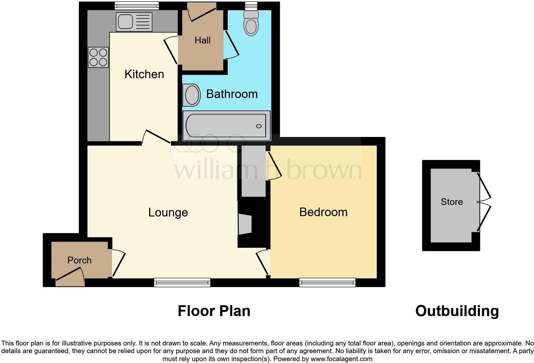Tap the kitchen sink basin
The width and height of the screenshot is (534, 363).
tap(125, 21)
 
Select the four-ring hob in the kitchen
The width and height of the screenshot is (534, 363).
tap(98, 57)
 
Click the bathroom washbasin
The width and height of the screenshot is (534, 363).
tap(192, 95)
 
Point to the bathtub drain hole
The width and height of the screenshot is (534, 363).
tap(259, 126)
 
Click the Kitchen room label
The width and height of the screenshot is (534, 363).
tap(144, 74)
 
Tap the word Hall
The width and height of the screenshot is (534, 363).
tap(202, 40)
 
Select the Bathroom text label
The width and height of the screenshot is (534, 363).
tap(232, 94)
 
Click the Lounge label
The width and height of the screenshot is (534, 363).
tap(168, 212)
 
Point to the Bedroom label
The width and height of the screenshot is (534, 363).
tap(323, 212)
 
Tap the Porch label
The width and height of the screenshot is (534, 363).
tap(80, 260)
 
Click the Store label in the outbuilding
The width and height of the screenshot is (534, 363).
tap(452, 202)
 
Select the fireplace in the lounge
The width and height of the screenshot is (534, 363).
tap(245, 224)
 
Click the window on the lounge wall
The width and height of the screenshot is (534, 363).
tap(182, 282)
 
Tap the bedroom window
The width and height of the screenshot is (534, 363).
tap(327, 282)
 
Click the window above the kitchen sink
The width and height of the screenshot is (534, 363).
tap(137, 5)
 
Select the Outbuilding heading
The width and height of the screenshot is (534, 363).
tap(457, 311)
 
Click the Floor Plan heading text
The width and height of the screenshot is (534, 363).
tap(214, 311)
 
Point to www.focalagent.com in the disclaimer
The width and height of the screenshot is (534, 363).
tap(341, 359)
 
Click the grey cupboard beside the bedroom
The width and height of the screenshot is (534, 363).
tap(254, 174)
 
